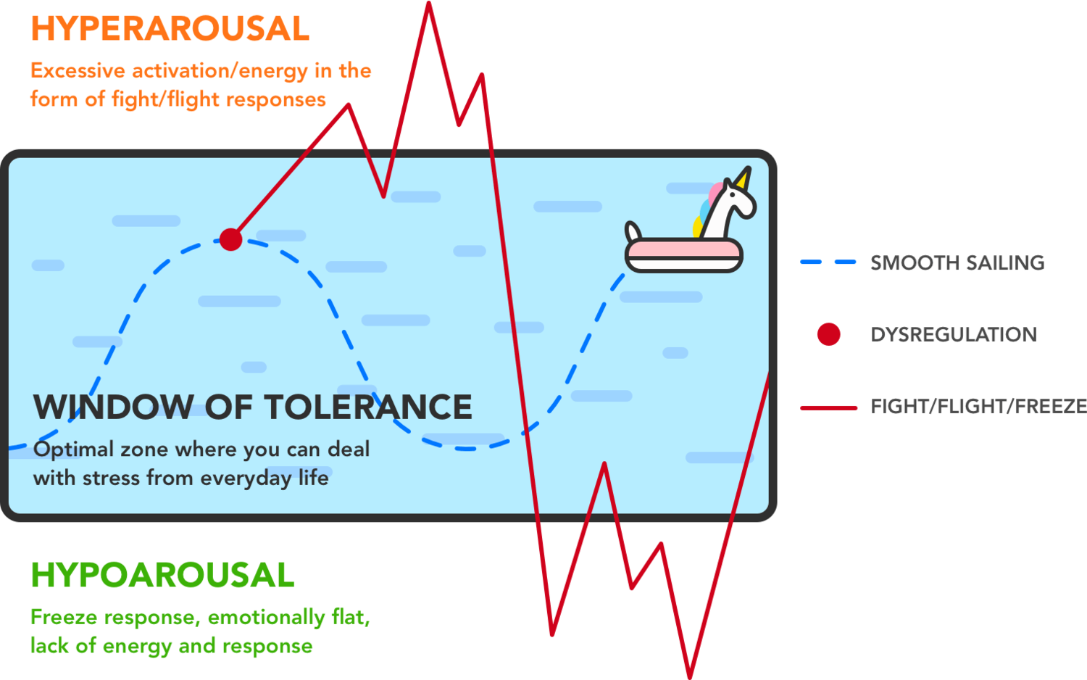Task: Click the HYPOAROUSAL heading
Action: pyautogui.click(x=162, y=578)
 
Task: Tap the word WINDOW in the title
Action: pyautogui.click(x=113, y=407)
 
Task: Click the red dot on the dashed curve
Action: pyautogui.click(x=230, y=239)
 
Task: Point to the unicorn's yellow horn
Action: pyautogui.click(x=744, y=178)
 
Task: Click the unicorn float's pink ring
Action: pyautogui.click(x=684, y=253)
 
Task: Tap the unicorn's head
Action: pyautogui.click(x=736, y=199)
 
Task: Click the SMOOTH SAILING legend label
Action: pyautogui.click(x=957, y=263)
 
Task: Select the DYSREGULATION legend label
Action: pyautogui.click(x=954, y=334)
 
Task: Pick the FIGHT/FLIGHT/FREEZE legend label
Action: pyautogui.click(x=978, y=406)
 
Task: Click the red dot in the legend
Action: pyautogui.click(x=828, y=334)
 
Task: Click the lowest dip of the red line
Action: pyautogui.click(x=691, y=674)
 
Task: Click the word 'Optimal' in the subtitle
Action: pyautogui.click(x=73, y=449)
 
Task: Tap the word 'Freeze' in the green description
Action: pyautogui.click(x=64, y=618)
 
